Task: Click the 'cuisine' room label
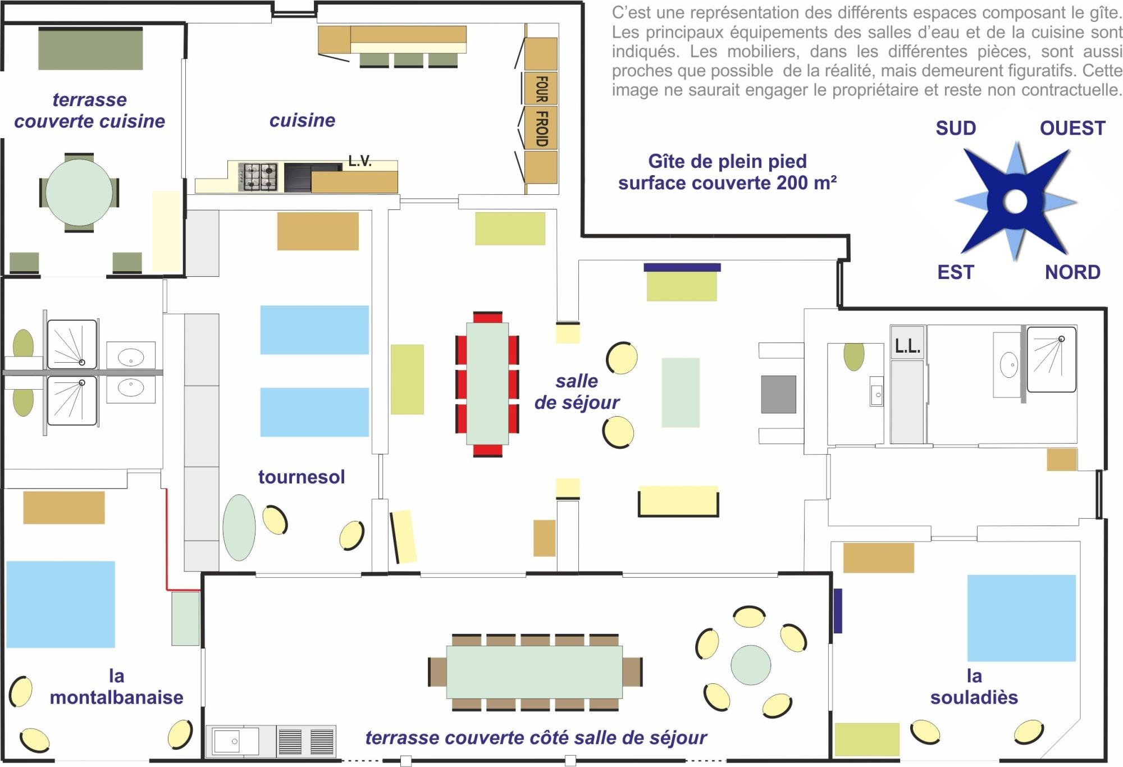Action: pyautogui.click(x=302, y=120)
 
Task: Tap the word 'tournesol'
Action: pyautogui.click(x=302, y=477)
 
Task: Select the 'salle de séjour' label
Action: pyautogui.click(x=577, y=391)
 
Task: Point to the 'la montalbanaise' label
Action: pyautogui.click(x=116, y=686)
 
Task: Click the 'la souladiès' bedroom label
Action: pyautogui.click(x=974, y=686)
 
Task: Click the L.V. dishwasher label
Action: pyautogui.click(x=360, y=161)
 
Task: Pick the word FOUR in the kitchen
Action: pyautogui.click(x=541, y=89)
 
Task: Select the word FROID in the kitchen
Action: pyautogui.click(x=541, y=129)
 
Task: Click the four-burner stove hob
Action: pyautogui.click(x=258, y=177)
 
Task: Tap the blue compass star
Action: pyautogui.click(x=1015, y=201)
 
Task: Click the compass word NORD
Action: pyautogui.click(x=1072, y=272)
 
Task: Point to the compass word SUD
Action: pyautogui.click(x=956, y=129)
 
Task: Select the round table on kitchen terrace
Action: pyautogui.click(x=79, y=192)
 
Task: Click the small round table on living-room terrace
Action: pyautogui.click(x=751, y=665)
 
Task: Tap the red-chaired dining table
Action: pyautogui.click(x=487, y=384)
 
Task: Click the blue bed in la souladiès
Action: pyautogui.click(x=1021, y=618)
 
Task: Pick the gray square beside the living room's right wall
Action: pyautogui.click(x=778, y=394)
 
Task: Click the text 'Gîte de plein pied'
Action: pyautogui.click(x=727, y=162)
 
